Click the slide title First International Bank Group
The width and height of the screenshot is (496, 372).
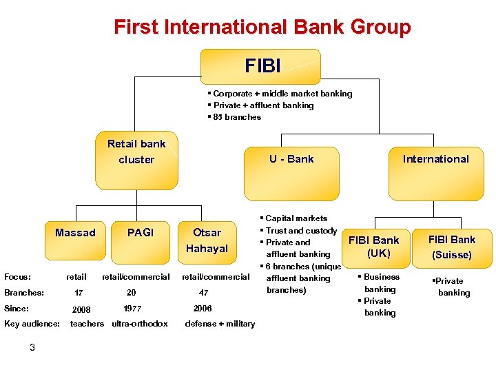262,28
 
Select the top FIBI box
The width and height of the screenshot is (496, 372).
260,67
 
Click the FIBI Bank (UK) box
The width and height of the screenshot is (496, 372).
373,247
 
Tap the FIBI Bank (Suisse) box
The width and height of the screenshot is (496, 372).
451,247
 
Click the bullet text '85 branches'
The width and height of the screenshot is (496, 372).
237,117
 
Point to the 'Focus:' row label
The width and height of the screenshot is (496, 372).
17,277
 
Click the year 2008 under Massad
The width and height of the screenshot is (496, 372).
81,309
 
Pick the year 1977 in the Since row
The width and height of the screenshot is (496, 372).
132,309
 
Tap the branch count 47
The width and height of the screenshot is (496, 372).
203,293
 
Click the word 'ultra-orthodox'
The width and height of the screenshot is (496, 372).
140,324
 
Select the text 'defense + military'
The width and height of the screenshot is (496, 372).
220,324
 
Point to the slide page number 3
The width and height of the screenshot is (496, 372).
32,347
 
